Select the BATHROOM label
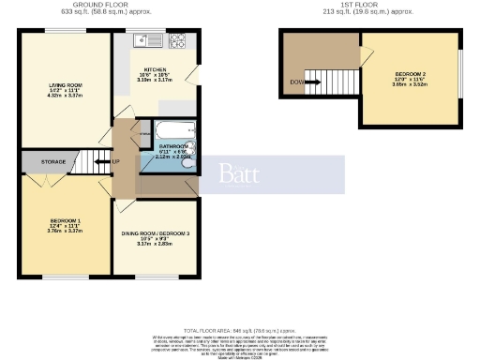click(174, 147)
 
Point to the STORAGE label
click(53, 162)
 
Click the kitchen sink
click(144, 40)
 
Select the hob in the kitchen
click(177, 40)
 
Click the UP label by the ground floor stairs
click(116, 161)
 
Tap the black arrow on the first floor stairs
click(316, 82)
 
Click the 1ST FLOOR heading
click(371, 5)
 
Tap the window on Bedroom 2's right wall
click(461, 72)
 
